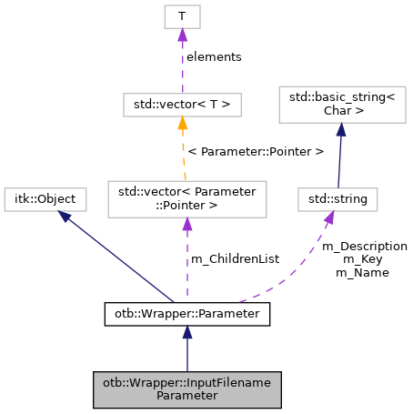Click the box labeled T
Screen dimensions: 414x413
pyautogui.click(x=182, y=15)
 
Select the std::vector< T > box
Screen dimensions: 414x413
pyautogui.click(x=182, y=105)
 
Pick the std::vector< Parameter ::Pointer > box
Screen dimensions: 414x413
pyautogui.click(x=187, y=198)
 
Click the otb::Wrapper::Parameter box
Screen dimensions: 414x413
pyautogui.click(x=186, y=314)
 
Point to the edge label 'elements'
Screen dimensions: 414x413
pyautogui.click(x=214, y=56)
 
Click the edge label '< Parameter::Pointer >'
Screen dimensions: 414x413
pyautogui.click(x=256, y=151)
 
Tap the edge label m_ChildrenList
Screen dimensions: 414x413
pyautogui.click(x=235, y=259)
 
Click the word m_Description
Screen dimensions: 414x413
pyautogui.click(x=365, y=246)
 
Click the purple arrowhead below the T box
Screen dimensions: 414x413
pyautogui.click(x=182, y=35)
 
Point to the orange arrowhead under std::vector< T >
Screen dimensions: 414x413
pyautogui.click(x=182, y=124)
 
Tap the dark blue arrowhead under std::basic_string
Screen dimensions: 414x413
pyautogui.click(x=338, y=129)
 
